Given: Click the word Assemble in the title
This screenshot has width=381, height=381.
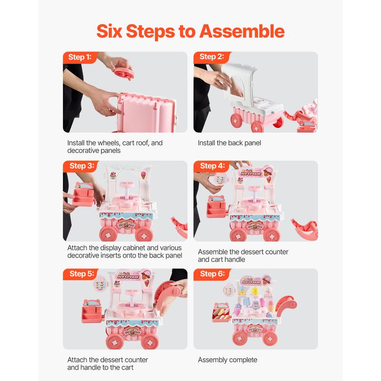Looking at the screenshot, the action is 242,31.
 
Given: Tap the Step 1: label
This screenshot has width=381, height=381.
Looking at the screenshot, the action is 80,57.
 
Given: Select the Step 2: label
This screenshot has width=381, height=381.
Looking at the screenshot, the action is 211,57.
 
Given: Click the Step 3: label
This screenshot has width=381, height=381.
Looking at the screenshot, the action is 81,166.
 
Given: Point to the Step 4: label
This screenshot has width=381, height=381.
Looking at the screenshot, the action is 212,166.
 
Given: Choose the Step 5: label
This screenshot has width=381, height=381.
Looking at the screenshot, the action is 81,274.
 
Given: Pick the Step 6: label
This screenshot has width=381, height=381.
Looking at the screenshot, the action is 212,274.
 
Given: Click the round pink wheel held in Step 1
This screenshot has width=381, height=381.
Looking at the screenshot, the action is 124,72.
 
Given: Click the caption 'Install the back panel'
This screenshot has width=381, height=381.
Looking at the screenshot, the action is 230,143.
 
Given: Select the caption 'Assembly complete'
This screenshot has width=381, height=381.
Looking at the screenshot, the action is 228,360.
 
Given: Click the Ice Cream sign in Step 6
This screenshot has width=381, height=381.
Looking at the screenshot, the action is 251,282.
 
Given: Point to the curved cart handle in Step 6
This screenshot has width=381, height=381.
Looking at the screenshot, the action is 286,306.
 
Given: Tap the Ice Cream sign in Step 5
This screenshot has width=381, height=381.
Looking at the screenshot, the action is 128,276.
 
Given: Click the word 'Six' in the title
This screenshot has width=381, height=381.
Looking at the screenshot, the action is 109,31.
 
